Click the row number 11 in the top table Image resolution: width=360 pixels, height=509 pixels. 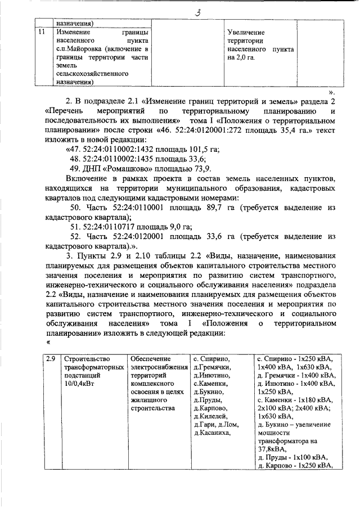click(x=40, y=32)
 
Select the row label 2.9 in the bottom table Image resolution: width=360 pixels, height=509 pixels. click(x=50, y=358)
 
